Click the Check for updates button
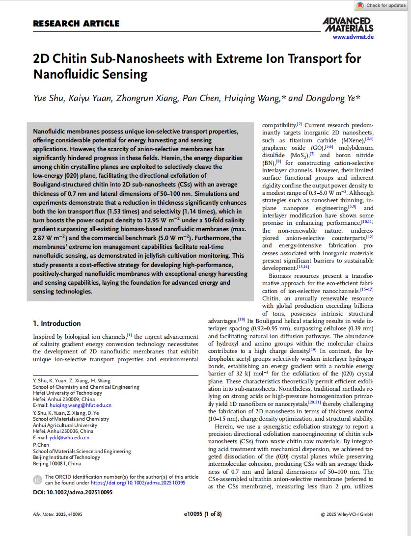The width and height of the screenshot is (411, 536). click(382, 5)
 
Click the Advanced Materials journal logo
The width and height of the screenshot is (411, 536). click(348, 24)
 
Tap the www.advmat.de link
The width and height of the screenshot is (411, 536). click(353, 37)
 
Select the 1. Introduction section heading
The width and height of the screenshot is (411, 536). click(56, 323)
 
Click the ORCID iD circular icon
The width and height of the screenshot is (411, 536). click(37, 480)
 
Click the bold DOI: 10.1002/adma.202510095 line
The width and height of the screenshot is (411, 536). click(72, 492)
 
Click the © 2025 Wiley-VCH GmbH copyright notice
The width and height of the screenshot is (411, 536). click(347, 514)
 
